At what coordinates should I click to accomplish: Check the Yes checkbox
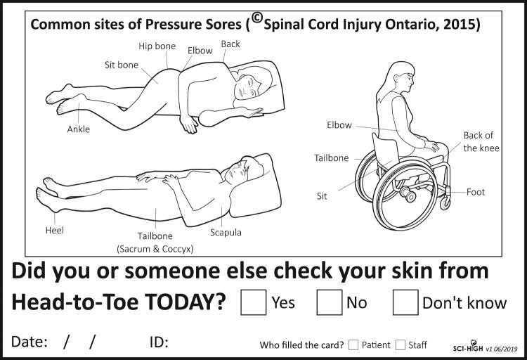click(254, 302)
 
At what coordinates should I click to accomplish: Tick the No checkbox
click(330, 302)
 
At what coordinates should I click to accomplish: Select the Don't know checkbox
click(405, 302)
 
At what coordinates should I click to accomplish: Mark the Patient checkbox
click(353, 345)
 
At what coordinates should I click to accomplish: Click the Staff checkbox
click(401, 345)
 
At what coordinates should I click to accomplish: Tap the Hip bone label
click(157, 46)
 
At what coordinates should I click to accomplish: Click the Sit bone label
click(122, 65)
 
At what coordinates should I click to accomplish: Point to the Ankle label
click(78, 129)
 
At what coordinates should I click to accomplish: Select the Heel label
click(54, 231)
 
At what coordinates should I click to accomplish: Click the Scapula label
click(226, 233)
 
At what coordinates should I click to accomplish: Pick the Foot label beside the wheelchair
click(476, 192)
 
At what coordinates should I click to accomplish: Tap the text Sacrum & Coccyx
click(155, 249)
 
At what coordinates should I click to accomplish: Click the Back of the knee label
click(481, 141)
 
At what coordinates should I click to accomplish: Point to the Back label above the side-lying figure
click(230, 44)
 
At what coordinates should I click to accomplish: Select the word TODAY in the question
click(186, 302)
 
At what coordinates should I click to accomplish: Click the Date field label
click(30, 342)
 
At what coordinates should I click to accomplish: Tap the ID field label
click(159, 342)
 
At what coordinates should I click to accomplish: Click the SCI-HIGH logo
click(468, 347)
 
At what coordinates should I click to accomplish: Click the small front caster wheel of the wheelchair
click(445, 203)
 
